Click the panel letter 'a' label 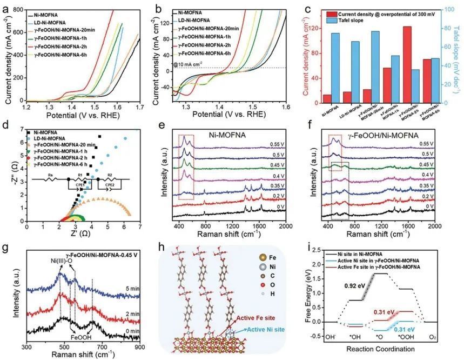point(6,8)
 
